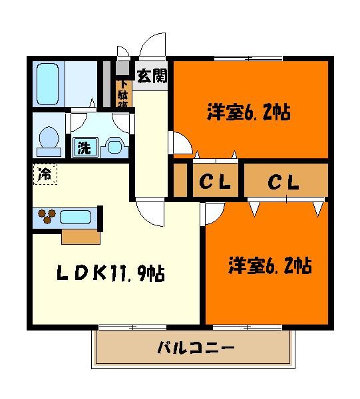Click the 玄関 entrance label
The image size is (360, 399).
coord(152,75)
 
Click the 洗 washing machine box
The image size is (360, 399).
coord(84,146)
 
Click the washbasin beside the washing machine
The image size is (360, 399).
coord(114,146)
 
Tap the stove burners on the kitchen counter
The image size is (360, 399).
coord(47,215)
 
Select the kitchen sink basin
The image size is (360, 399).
coord(77,216)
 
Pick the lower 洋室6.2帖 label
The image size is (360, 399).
coord(270,266)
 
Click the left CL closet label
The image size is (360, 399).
coord(216,180)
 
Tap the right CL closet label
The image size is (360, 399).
coord(283,180)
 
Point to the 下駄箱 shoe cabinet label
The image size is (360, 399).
coord(124,93)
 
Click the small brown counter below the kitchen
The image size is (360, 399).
coord(81,237)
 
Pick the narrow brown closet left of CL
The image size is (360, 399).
coord(180,180)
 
